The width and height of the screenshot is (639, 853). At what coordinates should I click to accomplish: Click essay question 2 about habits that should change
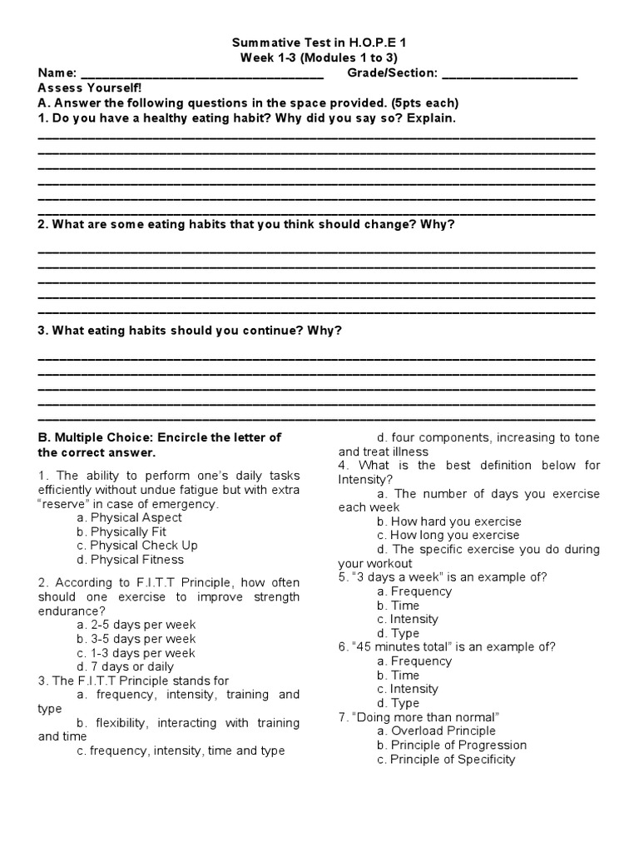(246, 224)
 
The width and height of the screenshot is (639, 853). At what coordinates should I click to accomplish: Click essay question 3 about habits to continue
(190, 330)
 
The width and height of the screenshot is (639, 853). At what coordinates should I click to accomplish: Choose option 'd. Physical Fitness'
(136, 560)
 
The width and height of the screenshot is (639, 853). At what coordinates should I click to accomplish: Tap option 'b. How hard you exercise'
(448, 521)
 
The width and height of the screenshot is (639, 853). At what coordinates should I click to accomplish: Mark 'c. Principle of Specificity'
(446, 759)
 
